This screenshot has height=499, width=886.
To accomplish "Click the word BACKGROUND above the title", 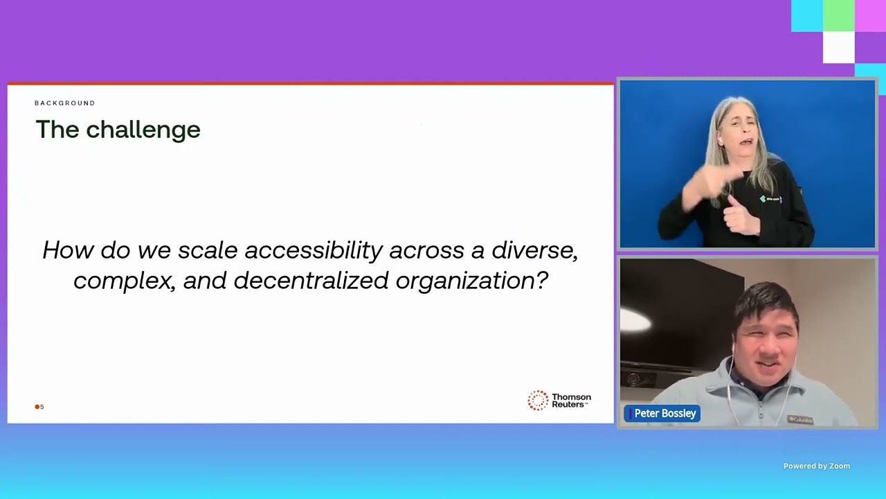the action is click(65, 103).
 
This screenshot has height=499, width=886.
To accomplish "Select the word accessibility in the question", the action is click(314, 251).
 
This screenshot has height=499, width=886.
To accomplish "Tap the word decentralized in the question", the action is click(311, 281).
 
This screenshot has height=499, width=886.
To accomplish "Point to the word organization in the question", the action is click(466, 281).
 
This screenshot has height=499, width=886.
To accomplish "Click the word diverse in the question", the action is click(534, 251).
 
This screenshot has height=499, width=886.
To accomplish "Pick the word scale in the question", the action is click(208, 251).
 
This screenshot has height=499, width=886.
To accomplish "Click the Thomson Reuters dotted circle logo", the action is click(538, 400).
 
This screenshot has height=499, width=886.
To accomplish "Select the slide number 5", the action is click(42, 407).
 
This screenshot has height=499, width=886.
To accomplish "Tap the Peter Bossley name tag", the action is click(662, 414).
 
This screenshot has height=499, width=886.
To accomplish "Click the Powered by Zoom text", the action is click(816, 466).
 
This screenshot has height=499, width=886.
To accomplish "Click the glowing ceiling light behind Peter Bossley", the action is click(635, 321).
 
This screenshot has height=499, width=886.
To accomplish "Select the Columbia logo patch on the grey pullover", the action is click(800, 419).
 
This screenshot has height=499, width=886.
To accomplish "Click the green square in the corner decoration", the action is click(838, 16).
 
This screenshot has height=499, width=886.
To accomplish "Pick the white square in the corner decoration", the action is click(838, 48).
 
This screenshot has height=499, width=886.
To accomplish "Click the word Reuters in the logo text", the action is click(568, 405).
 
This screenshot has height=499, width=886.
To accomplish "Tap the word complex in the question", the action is click(125, 281).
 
